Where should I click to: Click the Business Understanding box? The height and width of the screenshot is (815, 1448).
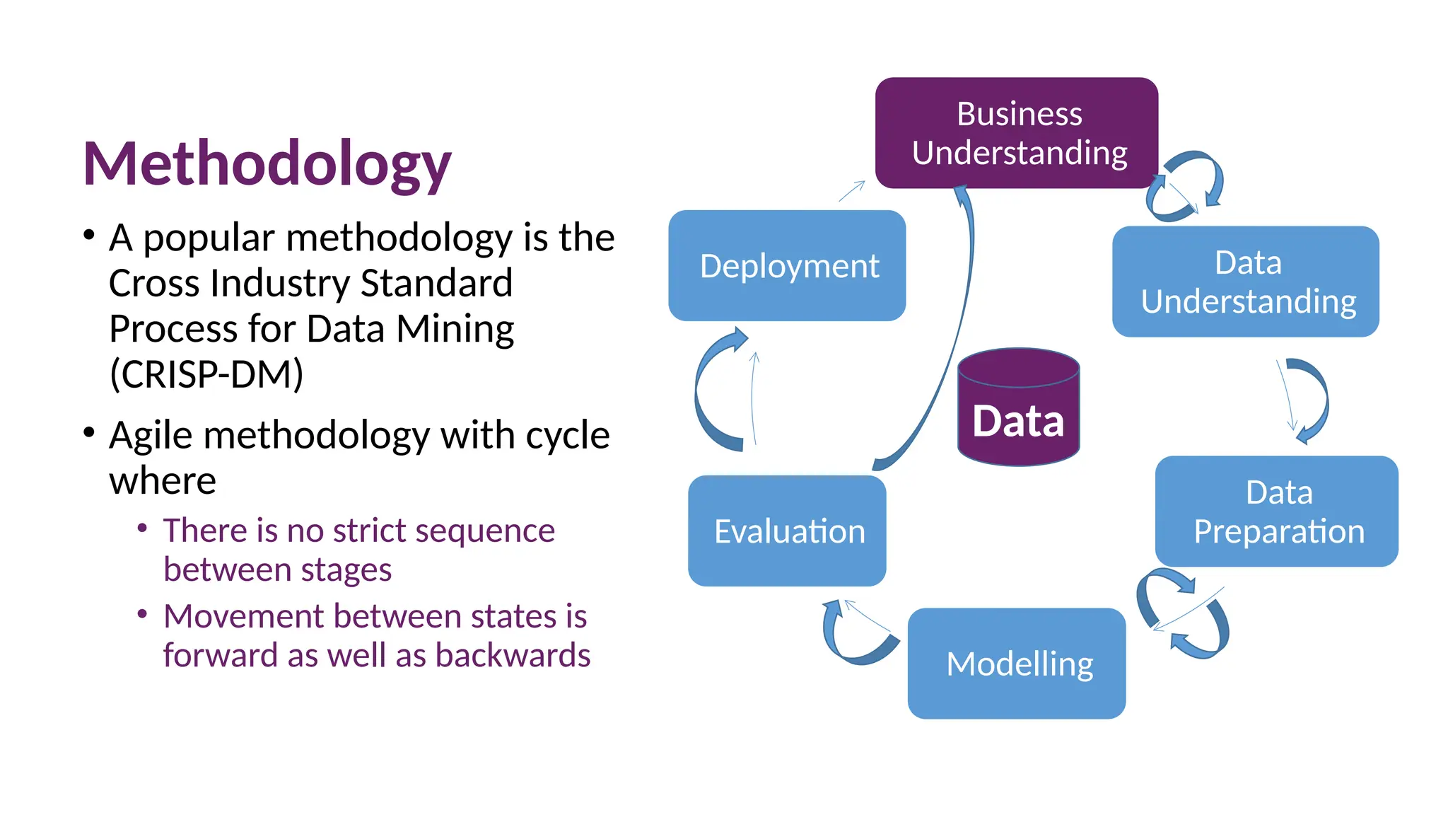tap(1016, 133)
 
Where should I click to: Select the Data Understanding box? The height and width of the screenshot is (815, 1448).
tap(1245, 282)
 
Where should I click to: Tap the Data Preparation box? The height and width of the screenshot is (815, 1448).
tap(1276, 511)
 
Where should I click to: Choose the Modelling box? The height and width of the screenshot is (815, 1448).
tap(1016, 664)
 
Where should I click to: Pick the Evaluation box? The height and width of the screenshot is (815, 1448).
tap(787, 531)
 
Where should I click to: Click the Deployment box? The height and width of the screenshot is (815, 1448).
tap(787, 266)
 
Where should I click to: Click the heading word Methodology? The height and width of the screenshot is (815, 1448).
tap(267, 164)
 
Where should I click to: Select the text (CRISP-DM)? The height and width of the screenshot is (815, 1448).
tap(206, 374)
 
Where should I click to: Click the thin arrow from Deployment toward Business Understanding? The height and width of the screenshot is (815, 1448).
tap(852, 191)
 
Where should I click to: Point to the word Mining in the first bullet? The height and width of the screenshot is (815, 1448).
tap(455, 329)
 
